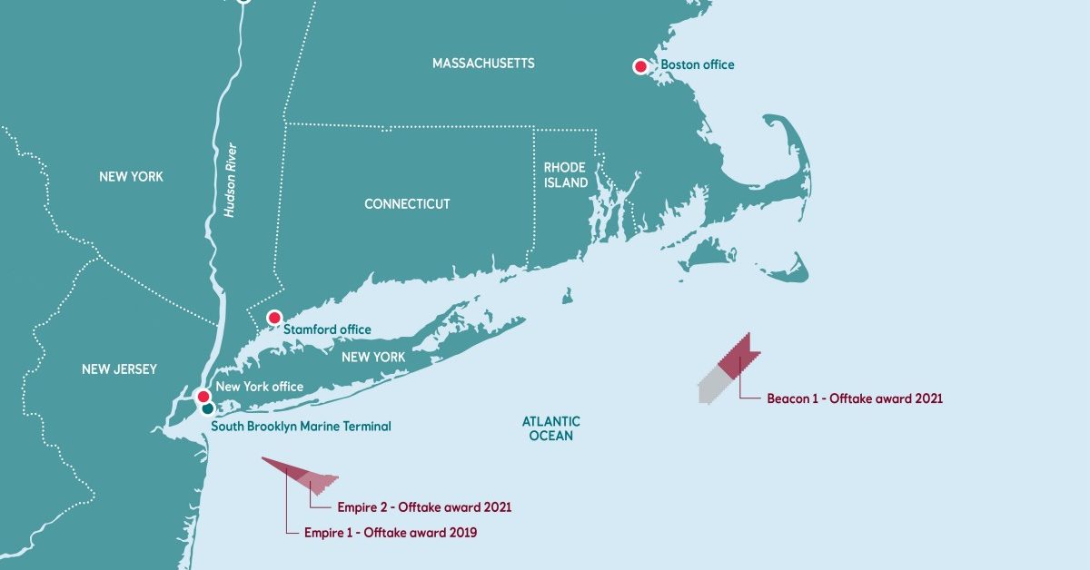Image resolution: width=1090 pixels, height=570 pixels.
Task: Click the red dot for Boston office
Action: (640, 66)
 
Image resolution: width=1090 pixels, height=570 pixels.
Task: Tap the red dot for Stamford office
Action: (273, 318)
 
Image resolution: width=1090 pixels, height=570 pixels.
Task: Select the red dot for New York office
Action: (203, 396)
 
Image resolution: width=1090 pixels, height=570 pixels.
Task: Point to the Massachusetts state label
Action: (483, 64)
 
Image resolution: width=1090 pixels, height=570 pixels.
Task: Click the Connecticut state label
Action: (407, 204)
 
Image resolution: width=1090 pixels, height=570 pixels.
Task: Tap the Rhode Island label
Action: (565, 175)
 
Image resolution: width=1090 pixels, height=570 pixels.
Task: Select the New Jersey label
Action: (119, 369)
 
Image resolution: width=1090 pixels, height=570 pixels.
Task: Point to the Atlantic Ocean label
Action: (550, 428)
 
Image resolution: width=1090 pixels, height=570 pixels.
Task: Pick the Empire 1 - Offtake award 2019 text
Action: (391, 533)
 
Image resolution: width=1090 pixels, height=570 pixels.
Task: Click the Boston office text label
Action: (698, 65)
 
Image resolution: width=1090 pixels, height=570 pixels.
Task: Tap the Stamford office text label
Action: (327, 329)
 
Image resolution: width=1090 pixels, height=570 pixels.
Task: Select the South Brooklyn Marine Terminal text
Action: (301, 426)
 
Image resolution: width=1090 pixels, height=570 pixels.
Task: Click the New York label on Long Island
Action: (373, 358)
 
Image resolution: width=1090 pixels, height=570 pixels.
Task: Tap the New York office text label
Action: (260, 387)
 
